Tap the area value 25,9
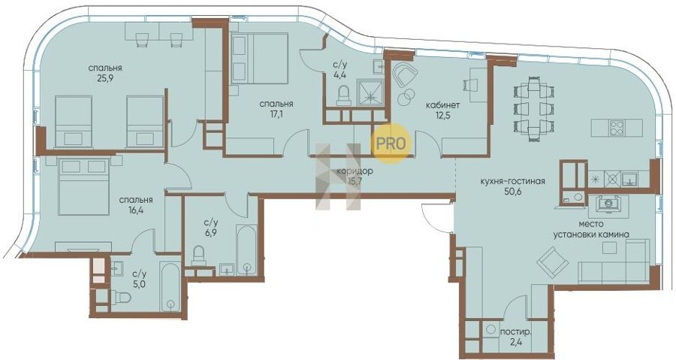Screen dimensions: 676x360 [x=105, y=79]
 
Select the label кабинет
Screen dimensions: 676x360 [x=442, y=105]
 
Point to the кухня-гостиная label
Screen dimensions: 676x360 [x=512, y=182]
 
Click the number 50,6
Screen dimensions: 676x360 [x=513, y=192]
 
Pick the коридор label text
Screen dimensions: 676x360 [x=355, y=171]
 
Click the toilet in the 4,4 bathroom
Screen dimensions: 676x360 [x=343, y=95]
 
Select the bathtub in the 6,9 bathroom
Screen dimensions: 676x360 [x=246, y=250]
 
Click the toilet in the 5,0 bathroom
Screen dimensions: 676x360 [x=121, y=297]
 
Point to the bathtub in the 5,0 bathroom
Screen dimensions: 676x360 [x=170, y=286]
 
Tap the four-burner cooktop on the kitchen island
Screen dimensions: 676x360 [x=616, y=128]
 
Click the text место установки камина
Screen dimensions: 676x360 [x=591, y=229]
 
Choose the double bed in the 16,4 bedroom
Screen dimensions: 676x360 [x=83, y=186]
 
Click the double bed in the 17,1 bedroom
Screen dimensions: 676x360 [x=260, y=58]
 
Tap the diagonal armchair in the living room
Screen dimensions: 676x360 [x=552, y=261]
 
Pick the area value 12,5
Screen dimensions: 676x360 [x=442, y=116]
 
